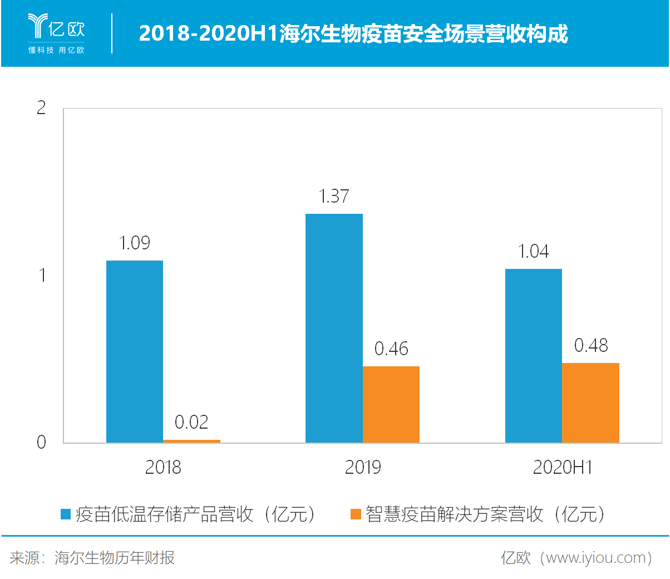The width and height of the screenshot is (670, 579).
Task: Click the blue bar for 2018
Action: coord(135,351)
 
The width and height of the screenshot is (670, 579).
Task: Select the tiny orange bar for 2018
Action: coord(191,441)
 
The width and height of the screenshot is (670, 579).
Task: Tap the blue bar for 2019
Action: coord(334,328)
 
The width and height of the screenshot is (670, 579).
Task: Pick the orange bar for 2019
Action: coord(391,404)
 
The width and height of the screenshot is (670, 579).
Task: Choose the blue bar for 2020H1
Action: coord(534,356)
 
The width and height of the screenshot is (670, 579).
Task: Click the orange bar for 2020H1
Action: coord(590,403)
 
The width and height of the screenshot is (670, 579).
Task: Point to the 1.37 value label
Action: coord(334,197)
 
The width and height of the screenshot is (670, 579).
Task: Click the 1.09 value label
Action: coord(135,243)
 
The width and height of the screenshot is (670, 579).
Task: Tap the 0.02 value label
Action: coord(191,423)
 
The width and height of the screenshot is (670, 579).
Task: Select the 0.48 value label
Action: coord(591,346)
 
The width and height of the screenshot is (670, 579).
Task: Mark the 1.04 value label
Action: coord(534,252)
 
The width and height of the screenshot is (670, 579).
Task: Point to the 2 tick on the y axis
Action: coord(41,108)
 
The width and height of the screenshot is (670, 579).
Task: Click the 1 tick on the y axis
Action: coord(42,275)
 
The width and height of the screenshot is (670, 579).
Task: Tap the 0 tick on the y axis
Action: coord(41,443)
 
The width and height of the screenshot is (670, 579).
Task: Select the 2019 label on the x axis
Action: coord(363,468)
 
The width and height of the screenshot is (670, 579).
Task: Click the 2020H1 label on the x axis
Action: coord(563,468)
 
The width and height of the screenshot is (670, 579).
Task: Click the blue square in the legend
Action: coord(66,514)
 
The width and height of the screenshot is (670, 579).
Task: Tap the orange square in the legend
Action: coord(356,514)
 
